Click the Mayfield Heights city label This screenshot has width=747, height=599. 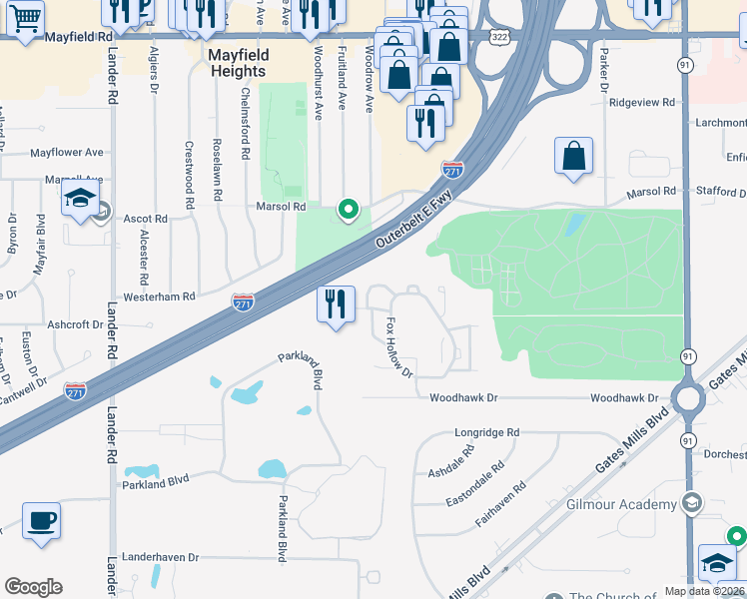238,63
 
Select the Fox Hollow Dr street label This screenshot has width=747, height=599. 398,346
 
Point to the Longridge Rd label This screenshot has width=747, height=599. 487,432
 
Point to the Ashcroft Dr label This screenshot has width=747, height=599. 75,325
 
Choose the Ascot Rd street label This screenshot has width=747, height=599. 145,219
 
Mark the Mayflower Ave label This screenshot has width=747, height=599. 67,153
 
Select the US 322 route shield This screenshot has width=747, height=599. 497,36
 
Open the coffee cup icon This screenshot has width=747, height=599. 41,520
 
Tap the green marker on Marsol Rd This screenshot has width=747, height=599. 348,209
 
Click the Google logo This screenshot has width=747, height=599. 34,587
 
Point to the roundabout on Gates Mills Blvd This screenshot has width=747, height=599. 687,399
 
